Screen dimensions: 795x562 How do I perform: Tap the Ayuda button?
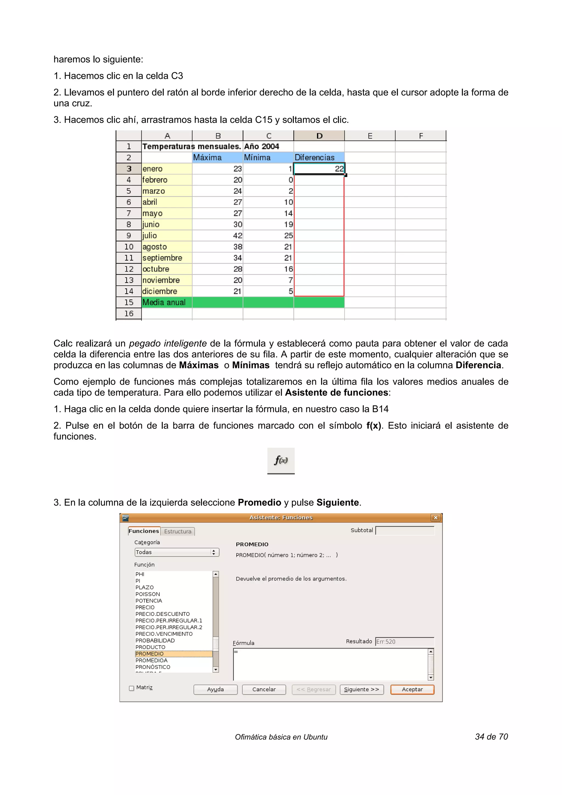215,689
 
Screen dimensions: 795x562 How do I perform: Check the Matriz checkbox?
132,688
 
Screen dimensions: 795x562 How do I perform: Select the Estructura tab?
178,531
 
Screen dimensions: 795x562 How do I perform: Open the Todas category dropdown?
177,552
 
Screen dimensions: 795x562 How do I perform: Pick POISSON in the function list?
148,594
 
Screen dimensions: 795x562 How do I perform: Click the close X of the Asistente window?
435,518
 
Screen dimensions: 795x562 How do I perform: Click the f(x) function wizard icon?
281,461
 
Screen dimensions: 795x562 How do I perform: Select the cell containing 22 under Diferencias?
319,169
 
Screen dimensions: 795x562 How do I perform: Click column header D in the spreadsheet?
319,136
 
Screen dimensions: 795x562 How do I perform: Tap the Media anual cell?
167,302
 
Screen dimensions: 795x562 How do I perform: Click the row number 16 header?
128,314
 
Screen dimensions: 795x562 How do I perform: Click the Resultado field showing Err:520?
404,642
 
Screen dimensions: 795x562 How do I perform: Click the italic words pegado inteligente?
168,343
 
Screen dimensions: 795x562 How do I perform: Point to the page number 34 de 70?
491,737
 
